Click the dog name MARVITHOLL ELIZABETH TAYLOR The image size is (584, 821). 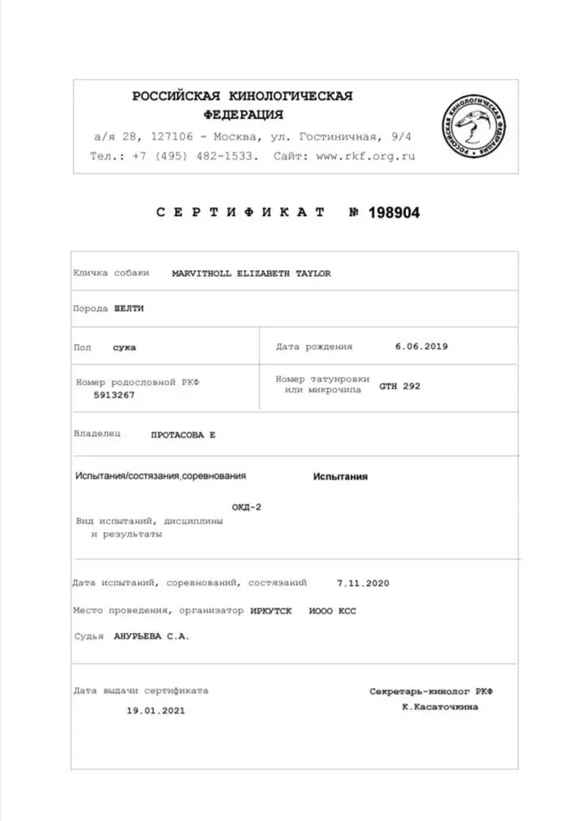click(x=251, y=273)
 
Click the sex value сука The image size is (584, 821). click(x=125, y=347)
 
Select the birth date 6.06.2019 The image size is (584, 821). click(x=421, y=346)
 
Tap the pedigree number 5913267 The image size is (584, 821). click(x=115, y=395)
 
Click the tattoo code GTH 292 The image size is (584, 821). click(x=399, y=385)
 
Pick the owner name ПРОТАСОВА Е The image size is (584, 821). click(x=182, y=434)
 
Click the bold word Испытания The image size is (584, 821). click(x=340, y=476)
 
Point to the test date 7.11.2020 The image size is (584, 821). click(x=362, y=583)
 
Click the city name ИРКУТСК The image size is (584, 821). click(x=272, y=610)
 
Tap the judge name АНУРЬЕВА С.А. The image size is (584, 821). click(x=152, y=635)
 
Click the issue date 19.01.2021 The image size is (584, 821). click(x=155, y=710)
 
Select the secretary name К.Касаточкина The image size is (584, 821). click(x=439, y=707)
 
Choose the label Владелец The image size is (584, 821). click(x=97, y=433)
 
